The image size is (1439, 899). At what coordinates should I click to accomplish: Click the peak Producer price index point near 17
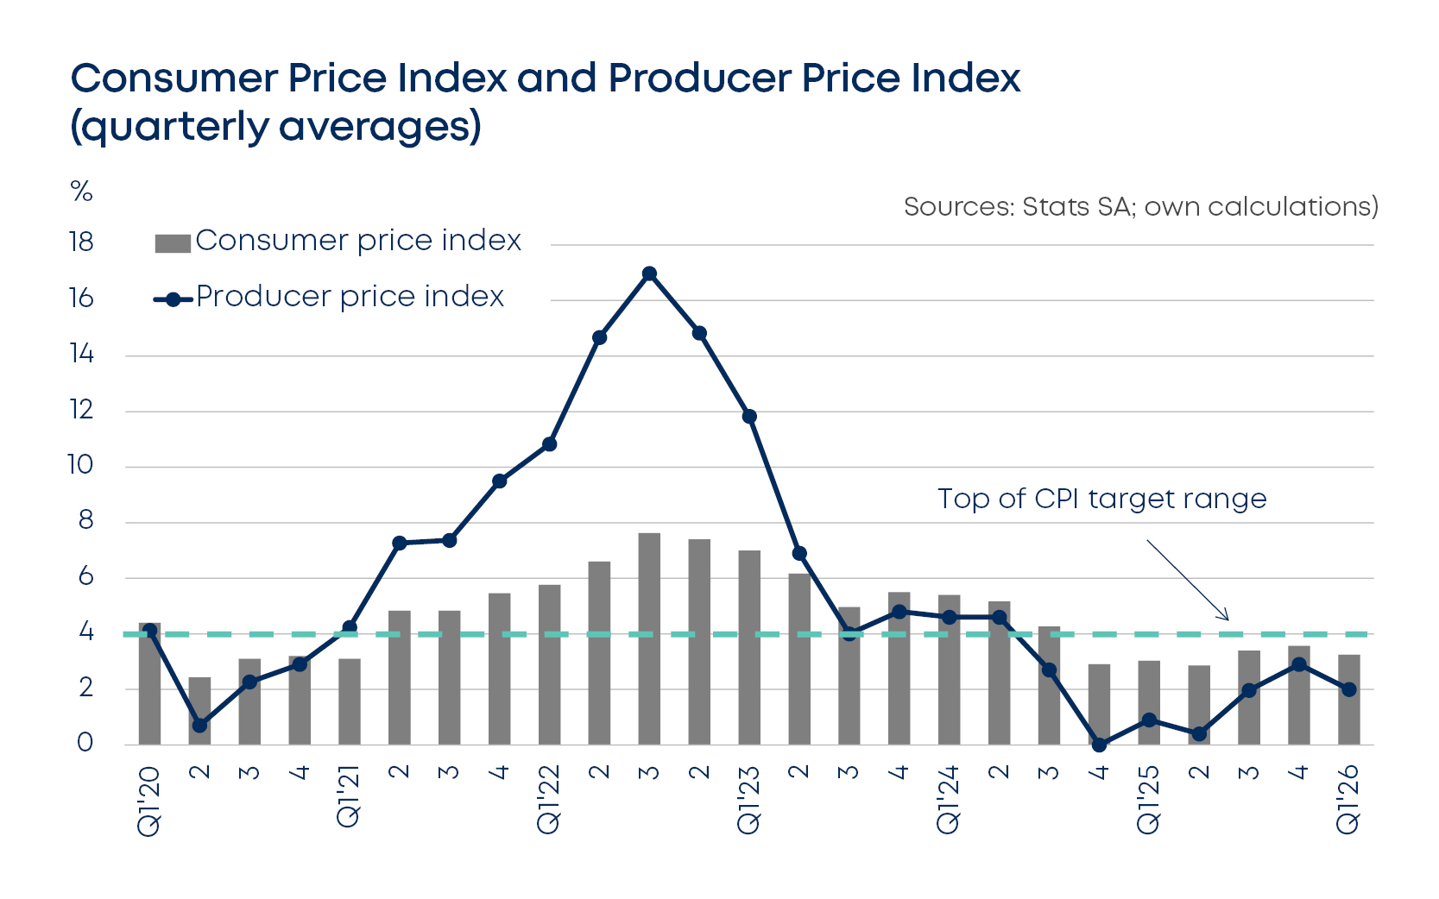[x=650, y=274]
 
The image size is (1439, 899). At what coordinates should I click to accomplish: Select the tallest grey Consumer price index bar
[x=649, y=638]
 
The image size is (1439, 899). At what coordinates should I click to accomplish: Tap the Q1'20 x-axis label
[x=149, y=800]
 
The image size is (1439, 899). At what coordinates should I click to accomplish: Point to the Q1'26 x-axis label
[x=1348, y=799]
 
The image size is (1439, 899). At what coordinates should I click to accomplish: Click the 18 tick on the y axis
[x=81, y=242]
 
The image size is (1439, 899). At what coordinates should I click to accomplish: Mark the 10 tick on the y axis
[x=80, y=465]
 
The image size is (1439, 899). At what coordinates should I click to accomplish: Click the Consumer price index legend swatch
[x=172, y=243]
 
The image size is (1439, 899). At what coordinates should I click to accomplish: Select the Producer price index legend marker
[x=173, y=299]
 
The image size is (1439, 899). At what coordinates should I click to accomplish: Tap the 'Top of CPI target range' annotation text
[x=1101, y=499]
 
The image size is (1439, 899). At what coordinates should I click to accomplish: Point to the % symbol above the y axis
[x=81, y=192]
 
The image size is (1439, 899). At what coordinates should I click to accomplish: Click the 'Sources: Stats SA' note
[x=1140, y=207]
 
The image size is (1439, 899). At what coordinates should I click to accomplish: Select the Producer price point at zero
[x=1099, y=744]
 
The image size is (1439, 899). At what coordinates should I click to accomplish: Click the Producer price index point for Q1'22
[x=549, y=444]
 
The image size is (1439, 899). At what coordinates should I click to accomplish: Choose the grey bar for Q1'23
[x=749, y=647]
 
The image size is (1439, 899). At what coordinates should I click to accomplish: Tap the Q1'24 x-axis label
[x=949, y=799]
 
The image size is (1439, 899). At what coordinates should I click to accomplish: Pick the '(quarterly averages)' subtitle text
[x=275, y=127]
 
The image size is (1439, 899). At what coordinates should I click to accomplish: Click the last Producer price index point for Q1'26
[x=1349, y=689]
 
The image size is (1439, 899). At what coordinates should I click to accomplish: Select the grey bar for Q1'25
[x=1149, y=702]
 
